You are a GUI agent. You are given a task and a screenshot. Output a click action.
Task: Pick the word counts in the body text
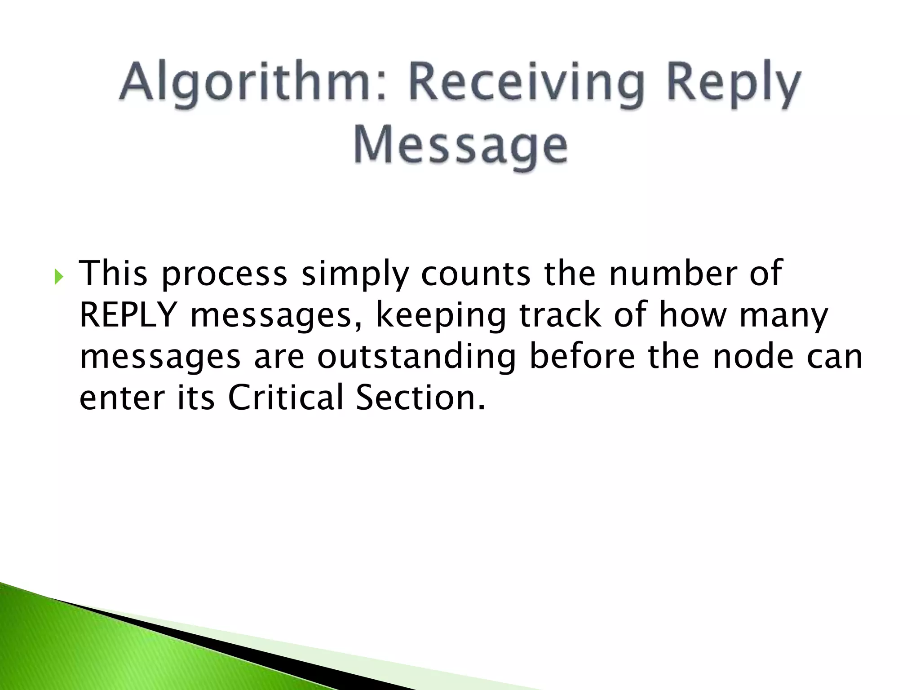click(x=476, y=273)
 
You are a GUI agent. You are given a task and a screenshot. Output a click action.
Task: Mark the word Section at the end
click(x=420, y=397)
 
